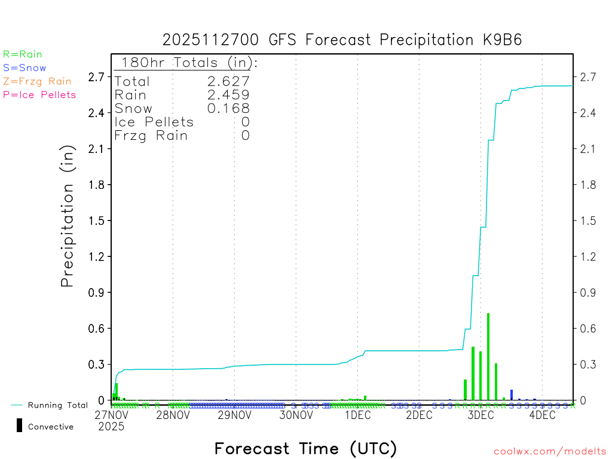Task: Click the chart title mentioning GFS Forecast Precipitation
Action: pos(342,40)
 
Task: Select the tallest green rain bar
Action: pos(488,356)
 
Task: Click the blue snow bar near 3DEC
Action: pos(512,394)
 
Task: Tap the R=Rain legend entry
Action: pos(23,54)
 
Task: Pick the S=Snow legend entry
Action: pos(25,68)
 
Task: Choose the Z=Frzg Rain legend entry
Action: pos(37,81)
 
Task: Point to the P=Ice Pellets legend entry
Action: pos(39,94)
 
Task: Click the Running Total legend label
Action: pos(57,405)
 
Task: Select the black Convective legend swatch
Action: pos(19,426)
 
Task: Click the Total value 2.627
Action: pos(228,81)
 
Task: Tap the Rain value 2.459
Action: pos(228,94)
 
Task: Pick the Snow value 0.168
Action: pos(228,108)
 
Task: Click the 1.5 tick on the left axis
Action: pos(97,221)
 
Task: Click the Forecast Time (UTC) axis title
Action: pos(305,448)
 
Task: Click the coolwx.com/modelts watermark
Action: pos(550,452)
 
